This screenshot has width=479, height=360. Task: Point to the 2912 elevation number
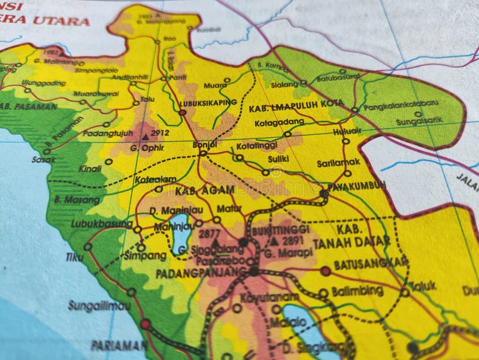click(x=160, y=133)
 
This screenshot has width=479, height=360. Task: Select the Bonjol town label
click(x=204, y=144)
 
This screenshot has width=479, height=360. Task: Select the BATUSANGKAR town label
click(x=371, y=263)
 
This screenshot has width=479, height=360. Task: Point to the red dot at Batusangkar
click(x=325, y=271)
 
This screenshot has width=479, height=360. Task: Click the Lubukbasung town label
click(x=101, y=223)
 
